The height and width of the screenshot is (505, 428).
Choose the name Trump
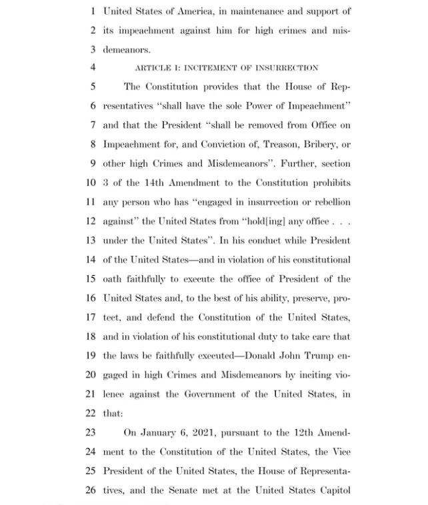(319, 356)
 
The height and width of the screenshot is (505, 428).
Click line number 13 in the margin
(90, 241)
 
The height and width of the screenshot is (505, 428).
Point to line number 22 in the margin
(90, 413)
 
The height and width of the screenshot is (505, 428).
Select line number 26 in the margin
(90, 490)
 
